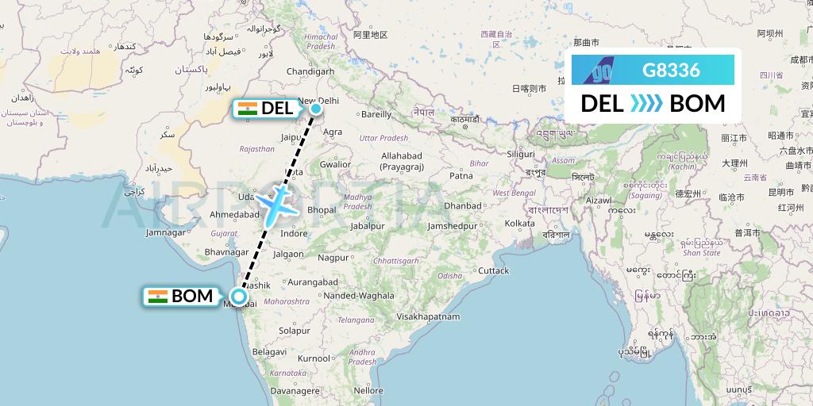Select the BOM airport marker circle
coord(238,300)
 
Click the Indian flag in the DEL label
coord(248,109)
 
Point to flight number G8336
coord(671,70)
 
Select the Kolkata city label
coord(519,224)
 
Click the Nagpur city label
coord(333,258)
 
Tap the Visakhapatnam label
coord(429,316)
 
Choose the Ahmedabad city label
coord(234,215)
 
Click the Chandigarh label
coord(310,71)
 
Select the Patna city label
coord(460,175)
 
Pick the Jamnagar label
coord(164,232)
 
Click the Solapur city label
coord(295,330)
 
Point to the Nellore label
coord(368,390)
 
